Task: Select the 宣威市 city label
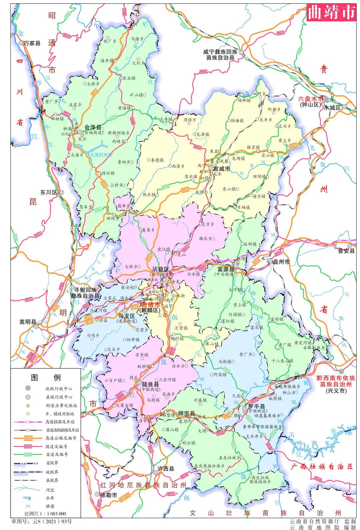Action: [222, 169]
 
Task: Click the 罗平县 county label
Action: [257, 407]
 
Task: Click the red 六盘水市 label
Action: [311, 99]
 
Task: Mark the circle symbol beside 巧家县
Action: [21, 43]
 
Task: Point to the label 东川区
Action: [49, 192]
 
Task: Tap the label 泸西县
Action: [166, 469]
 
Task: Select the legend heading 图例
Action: [46, 378]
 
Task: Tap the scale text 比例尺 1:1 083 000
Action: [45, 514]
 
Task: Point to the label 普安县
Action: [346, 251]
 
